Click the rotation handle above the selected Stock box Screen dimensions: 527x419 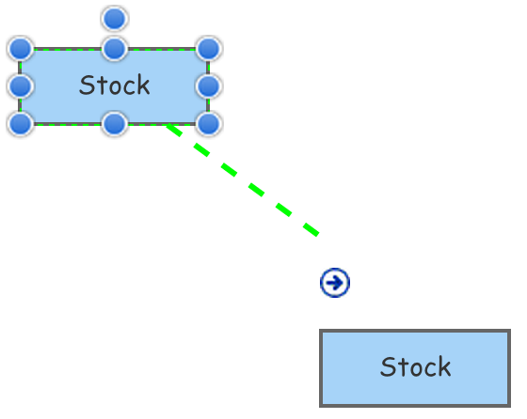(115, 19)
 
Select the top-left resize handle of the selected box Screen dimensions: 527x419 (21, 49)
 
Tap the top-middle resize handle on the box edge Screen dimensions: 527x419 (115, 49)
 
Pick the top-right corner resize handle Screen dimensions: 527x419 (209, 49)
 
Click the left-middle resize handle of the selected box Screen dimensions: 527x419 (21, 86)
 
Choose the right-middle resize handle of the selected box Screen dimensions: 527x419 (209, 86)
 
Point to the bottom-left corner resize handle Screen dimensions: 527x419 (21, 124)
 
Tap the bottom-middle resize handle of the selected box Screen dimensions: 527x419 (115, 124)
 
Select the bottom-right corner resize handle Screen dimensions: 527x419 (209, 124)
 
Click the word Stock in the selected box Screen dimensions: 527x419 (114, 85)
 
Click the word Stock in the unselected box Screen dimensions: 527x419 (415, 367)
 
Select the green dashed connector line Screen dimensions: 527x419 (243, 179)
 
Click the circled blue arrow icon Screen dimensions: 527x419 (335, 283)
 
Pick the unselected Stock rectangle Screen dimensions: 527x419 (415, 368)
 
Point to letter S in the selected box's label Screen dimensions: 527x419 (87, 85)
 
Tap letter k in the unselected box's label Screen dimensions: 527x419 (443, 367)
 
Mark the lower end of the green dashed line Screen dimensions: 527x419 (318, 235)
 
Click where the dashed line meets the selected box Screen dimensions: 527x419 (168, 124)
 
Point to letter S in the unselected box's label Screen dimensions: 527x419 (388, 367)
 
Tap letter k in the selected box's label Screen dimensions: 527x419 (142, 85)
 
